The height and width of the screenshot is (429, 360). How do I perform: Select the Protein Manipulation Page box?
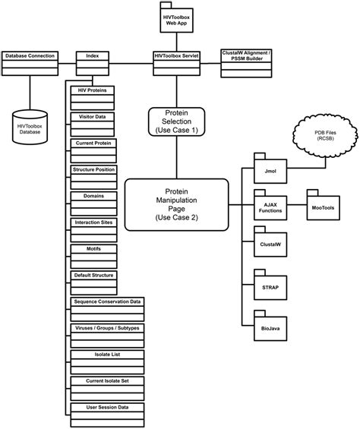coord(176,203)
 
